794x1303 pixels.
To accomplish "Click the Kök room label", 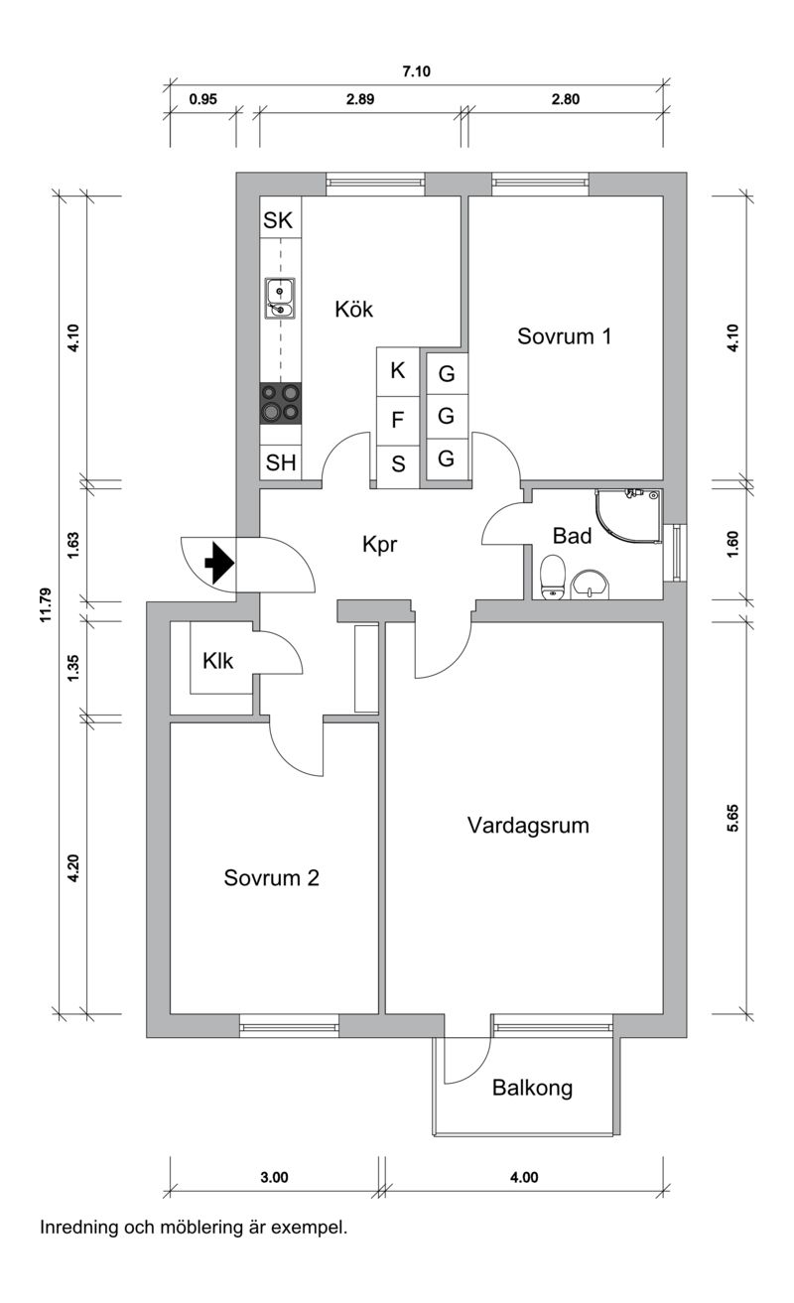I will click(x=353, y=310).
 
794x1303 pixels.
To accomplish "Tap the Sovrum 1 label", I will click(x=564, y=336).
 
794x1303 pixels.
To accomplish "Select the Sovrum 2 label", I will click(x=271, y=878).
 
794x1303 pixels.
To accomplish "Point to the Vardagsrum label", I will click(x=528, y=825).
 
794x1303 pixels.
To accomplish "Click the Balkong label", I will click(x=532, y=1089).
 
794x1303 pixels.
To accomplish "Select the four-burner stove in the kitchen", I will click(x=280, y=403).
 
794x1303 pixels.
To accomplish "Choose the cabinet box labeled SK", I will click(x=279, y=220).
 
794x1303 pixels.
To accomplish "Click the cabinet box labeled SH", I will click(x=280, y=462).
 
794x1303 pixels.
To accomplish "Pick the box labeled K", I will click(x=398, y=372).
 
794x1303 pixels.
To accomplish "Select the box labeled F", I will click(x=398, y=420).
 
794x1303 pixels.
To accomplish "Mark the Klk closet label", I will click(x=217, y=660).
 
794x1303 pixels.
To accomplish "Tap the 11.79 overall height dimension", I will click(x=45, y=603).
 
